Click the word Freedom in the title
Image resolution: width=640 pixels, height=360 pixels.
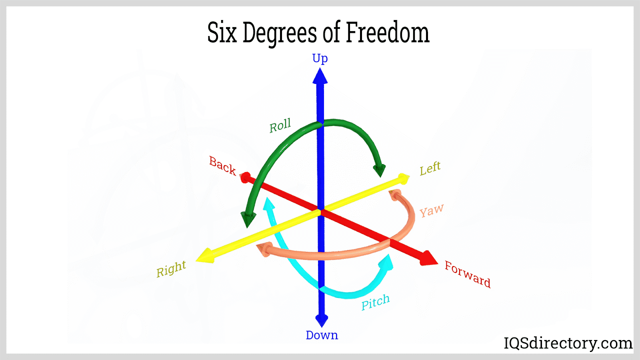tap(387, 33)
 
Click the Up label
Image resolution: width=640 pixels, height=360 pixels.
tap(320, 58)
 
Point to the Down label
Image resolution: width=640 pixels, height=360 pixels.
tap(322, 335)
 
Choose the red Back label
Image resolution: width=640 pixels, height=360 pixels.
tap(222, 166)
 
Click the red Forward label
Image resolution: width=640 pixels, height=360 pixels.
tap(468, 274)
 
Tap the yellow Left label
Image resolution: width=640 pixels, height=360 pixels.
tap(430, 168)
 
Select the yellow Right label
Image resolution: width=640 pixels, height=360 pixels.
tap(171, 269)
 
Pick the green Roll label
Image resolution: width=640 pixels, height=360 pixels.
tap(280, 126)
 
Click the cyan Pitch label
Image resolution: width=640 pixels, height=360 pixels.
tap(375, 302)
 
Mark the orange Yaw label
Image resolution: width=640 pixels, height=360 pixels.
tap(431, 211)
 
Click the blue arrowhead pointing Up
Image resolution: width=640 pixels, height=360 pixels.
tap(320, 76)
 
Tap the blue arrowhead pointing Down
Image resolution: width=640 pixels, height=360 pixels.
tap(322, 320)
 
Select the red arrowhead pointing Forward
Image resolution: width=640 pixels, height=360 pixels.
tap(429, 258)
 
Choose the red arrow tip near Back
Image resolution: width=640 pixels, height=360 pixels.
tap(245, 177)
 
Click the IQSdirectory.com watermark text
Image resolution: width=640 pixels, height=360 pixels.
tap(568, 343)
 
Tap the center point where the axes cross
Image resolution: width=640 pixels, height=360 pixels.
tap(321, 211)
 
